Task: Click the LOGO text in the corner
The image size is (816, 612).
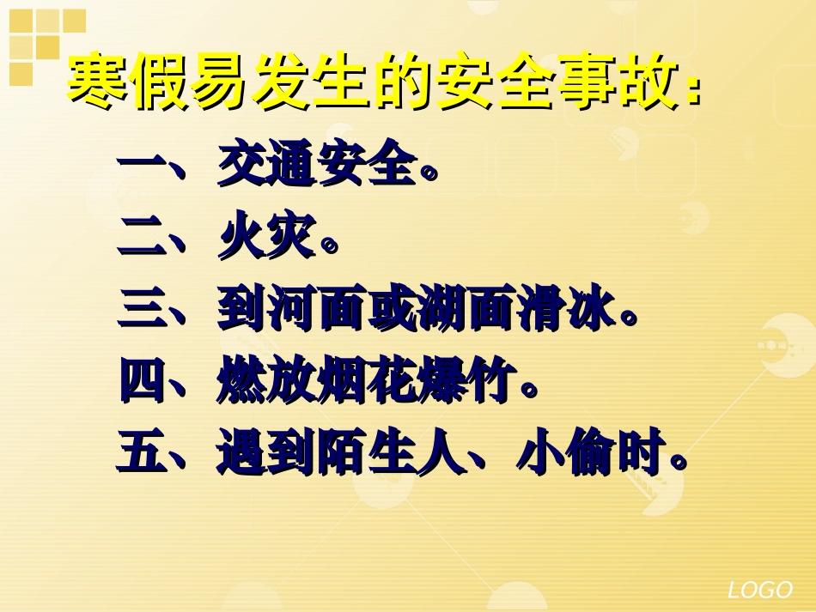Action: point(759,590)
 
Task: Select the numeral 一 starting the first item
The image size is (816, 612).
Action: point(142,166)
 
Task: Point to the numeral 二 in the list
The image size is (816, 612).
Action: point(142,237)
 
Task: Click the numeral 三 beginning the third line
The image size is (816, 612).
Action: point(142,309)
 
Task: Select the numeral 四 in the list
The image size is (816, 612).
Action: point(142,381)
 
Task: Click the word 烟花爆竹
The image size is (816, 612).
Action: point(416,381)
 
